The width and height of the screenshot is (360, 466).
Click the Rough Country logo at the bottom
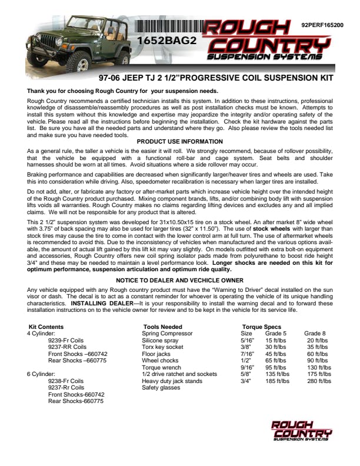coord(301,430)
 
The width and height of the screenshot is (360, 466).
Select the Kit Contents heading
coord(46,327)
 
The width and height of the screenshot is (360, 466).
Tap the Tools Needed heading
coord(163,327)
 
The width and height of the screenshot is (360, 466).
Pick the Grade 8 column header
coord(315,334)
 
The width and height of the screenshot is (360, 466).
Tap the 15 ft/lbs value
coord(276,341)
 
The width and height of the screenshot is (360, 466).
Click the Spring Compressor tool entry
coord(168,334)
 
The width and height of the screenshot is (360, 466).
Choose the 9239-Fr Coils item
coord(67,341)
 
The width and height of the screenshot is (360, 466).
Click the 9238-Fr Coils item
coord(67,381)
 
